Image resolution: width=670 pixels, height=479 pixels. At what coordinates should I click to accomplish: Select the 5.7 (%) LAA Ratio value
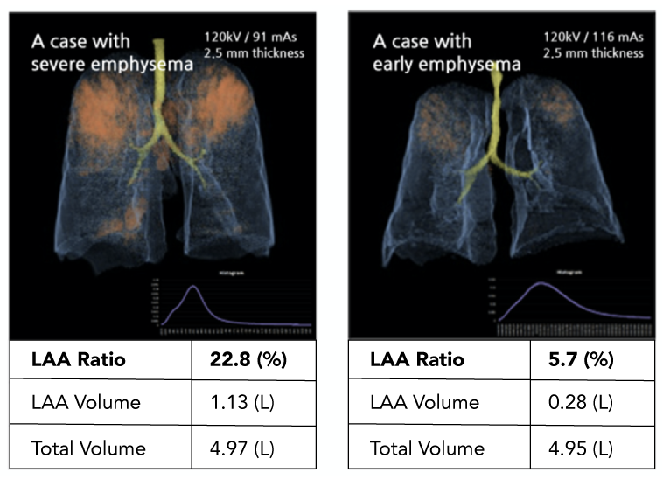coord(575,359)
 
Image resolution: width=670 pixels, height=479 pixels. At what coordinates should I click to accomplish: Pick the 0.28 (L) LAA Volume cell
coord(575,402)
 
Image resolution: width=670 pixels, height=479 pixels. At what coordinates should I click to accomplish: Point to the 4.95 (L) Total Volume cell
coord(575,448)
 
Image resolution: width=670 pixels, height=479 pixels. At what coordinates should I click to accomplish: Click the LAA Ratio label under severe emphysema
coord(78,359)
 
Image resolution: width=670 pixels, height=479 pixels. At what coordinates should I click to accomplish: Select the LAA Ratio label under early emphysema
coord(416,359)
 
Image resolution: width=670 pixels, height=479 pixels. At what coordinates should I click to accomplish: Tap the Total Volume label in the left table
coord(88,448)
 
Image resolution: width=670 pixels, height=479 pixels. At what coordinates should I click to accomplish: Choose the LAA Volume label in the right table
coord(425,402)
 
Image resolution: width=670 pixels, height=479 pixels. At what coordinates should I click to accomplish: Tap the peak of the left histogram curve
coord(192,288)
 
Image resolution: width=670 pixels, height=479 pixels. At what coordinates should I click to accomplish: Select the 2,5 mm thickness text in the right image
coord(593,52)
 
